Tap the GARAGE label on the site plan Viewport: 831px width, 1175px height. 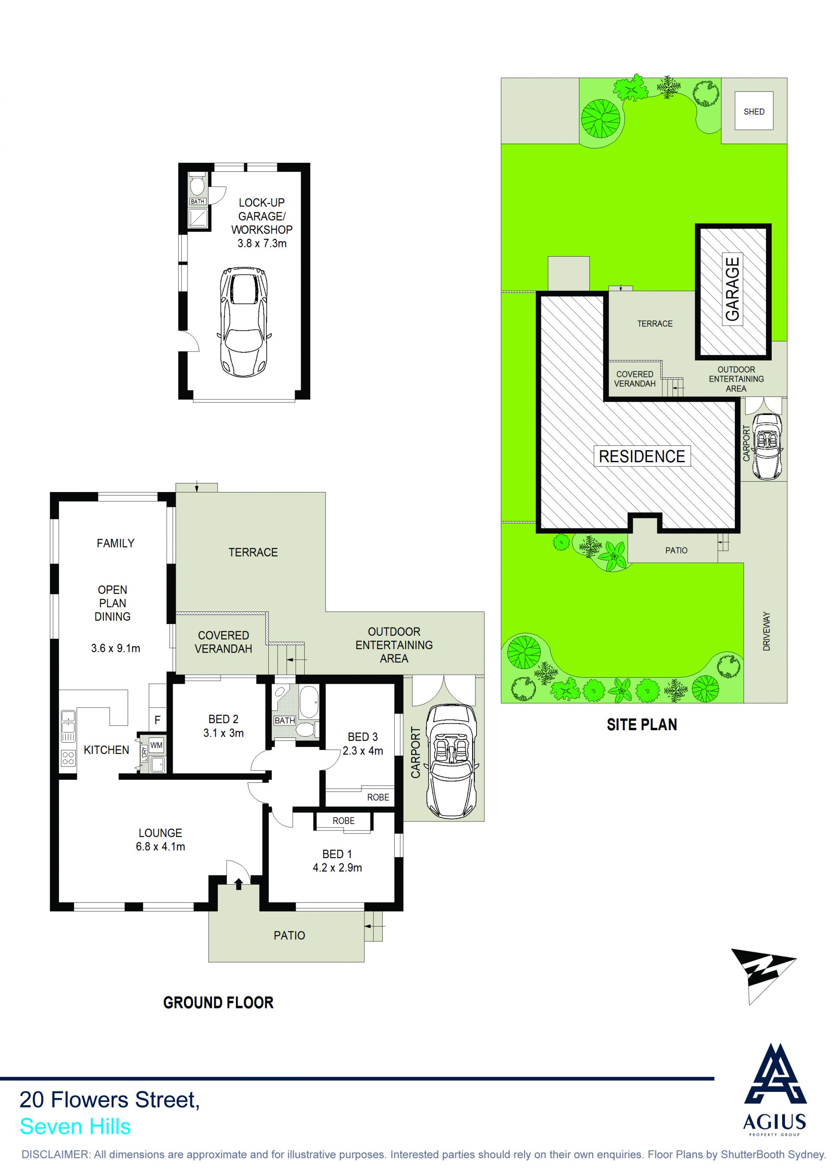[733, 289]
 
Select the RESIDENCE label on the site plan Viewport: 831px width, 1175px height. [642, 456]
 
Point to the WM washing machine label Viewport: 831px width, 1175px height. [157, 745]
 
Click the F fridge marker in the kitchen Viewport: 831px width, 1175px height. [158, 720]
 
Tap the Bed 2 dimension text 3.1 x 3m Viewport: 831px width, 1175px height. [224, 733]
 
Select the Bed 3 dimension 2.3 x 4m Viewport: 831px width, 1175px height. [363, 751]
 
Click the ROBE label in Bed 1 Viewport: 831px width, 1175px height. [343, 821]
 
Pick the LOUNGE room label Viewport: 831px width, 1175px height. [160, 833]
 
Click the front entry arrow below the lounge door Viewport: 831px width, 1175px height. [238, 884]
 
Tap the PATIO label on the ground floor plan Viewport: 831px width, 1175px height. [289, 936]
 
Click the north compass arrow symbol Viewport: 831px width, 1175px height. [763, 976]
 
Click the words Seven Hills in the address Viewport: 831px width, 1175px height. [75, 1127]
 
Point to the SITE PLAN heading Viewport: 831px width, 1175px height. [642, 724]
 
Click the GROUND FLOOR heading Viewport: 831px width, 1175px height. [219, 1003]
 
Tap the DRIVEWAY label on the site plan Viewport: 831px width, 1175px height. [766, 631]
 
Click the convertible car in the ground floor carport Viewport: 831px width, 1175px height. [453, 763]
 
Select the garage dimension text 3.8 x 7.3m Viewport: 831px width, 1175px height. [262, 244]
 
